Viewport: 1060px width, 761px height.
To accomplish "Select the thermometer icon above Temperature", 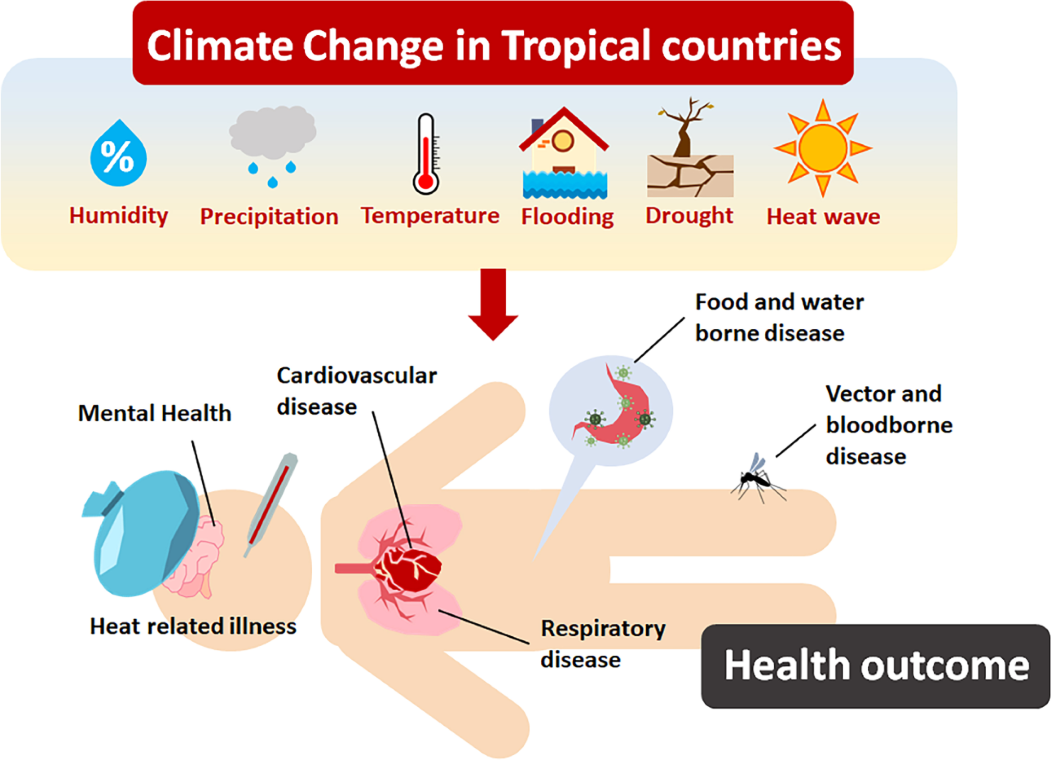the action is coord(426,154).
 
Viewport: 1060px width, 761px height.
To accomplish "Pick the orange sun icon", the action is coord(823,148).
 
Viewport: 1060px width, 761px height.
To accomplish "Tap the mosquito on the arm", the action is coord(758,479).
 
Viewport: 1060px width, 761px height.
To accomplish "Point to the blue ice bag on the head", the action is coord(142,533).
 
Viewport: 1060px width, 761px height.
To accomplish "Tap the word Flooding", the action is coord(567,216).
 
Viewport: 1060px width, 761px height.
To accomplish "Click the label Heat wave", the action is coord(823,216).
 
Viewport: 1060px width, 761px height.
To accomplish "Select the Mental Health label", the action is coord(155,413).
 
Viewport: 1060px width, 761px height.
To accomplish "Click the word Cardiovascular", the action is coord(357,376).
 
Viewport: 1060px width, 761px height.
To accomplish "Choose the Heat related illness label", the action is coord(193,626).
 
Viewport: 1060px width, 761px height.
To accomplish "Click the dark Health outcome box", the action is coord(876,666).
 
